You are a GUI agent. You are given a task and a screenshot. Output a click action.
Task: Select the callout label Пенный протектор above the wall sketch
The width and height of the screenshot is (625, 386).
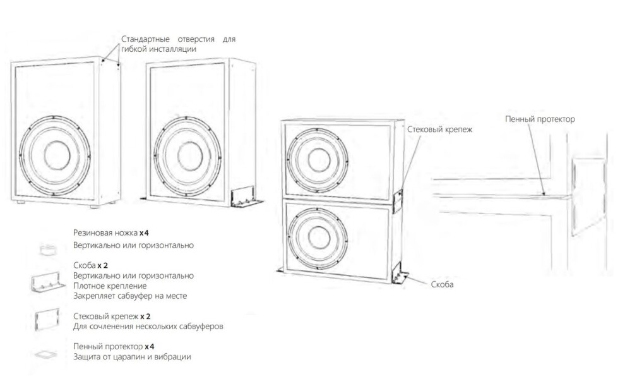pyautogui.click(x=539, y=119)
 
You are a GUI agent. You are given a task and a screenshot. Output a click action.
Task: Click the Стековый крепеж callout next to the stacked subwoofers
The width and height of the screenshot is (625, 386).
pyautogui.click(x=440, y=129)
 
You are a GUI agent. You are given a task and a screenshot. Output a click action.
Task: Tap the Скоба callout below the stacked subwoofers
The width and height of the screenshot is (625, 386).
pyautogui.click(x=443, y=284)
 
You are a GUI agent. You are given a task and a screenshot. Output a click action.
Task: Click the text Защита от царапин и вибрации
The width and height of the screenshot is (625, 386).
pyautogui.click(x=132, y=357)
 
